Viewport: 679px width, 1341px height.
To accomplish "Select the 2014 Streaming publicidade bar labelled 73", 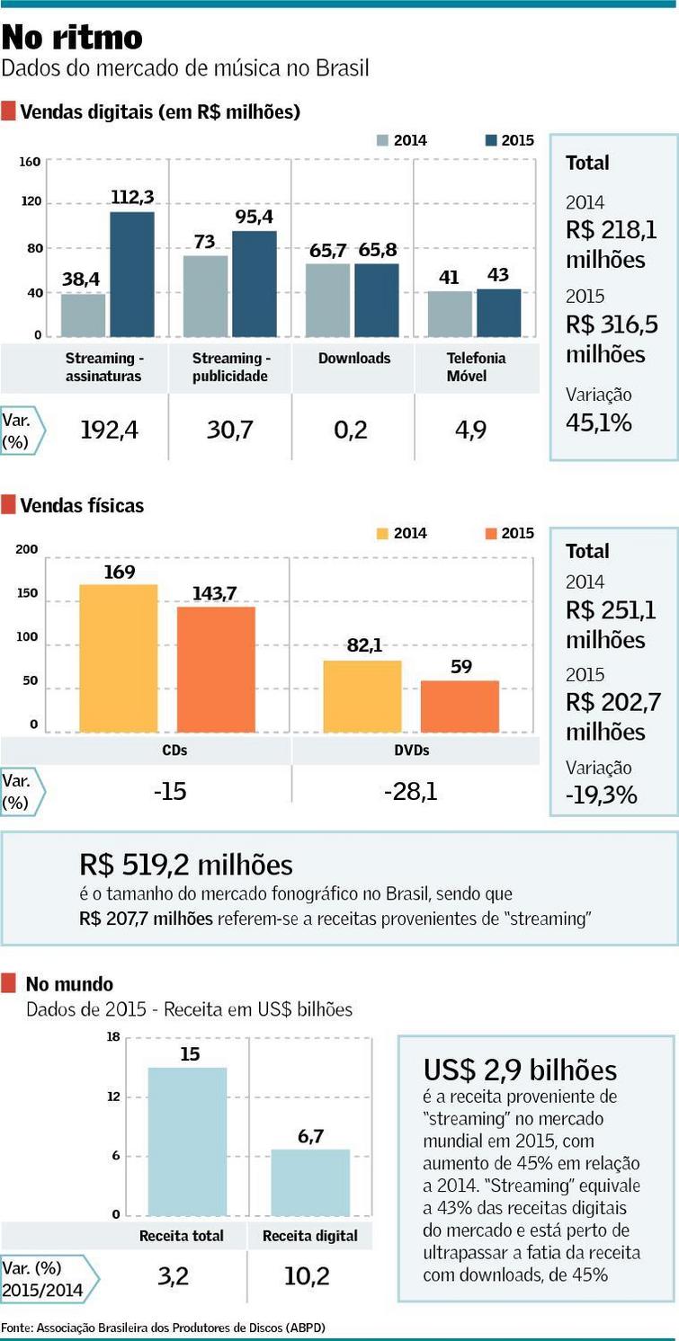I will point(206,297).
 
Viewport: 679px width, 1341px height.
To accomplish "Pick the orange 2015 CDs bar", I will point(216,670).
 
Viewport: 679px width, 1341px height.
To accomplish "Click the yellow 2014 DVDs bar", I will point(362,697).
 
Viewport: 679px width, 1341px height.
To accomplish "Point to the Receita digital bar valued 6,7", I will point(310,1183).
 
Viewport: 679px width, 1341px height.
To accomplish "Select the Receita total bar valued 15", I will point(189,1141).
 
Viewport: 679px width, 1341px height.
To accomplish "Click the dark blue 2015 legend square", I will point(491,140).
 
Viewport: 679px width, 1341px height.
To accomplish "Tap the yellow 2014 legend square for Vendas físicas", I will point(382,533).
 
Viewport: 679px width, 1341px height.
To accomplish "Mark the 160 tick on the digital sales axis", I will point(31,162).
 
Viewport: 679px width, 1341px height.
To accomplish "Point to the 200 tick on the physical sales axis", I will point(27,550).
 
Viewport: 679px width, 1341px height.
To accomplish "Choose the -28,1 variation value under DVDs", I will point(410,792).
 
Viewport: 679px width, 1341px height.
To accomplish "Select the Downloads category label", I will point(354,358).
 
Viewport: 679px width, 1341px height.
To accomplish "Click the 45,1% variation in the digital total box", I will point(598,422).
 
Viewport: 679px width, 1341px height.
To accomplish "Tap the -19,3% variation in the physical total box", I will point(602,795).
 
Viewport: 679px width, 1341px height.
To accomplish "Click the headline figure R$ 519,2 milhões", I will point(186,865).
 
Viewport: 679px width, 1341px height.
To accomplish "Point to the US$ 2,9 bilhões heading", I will point(520,1070).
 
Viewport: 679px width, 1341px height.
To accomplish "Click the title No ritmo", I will point(72,37).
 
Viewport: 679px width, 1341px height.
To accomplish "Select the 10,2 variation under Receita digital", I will point(310,1276).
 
